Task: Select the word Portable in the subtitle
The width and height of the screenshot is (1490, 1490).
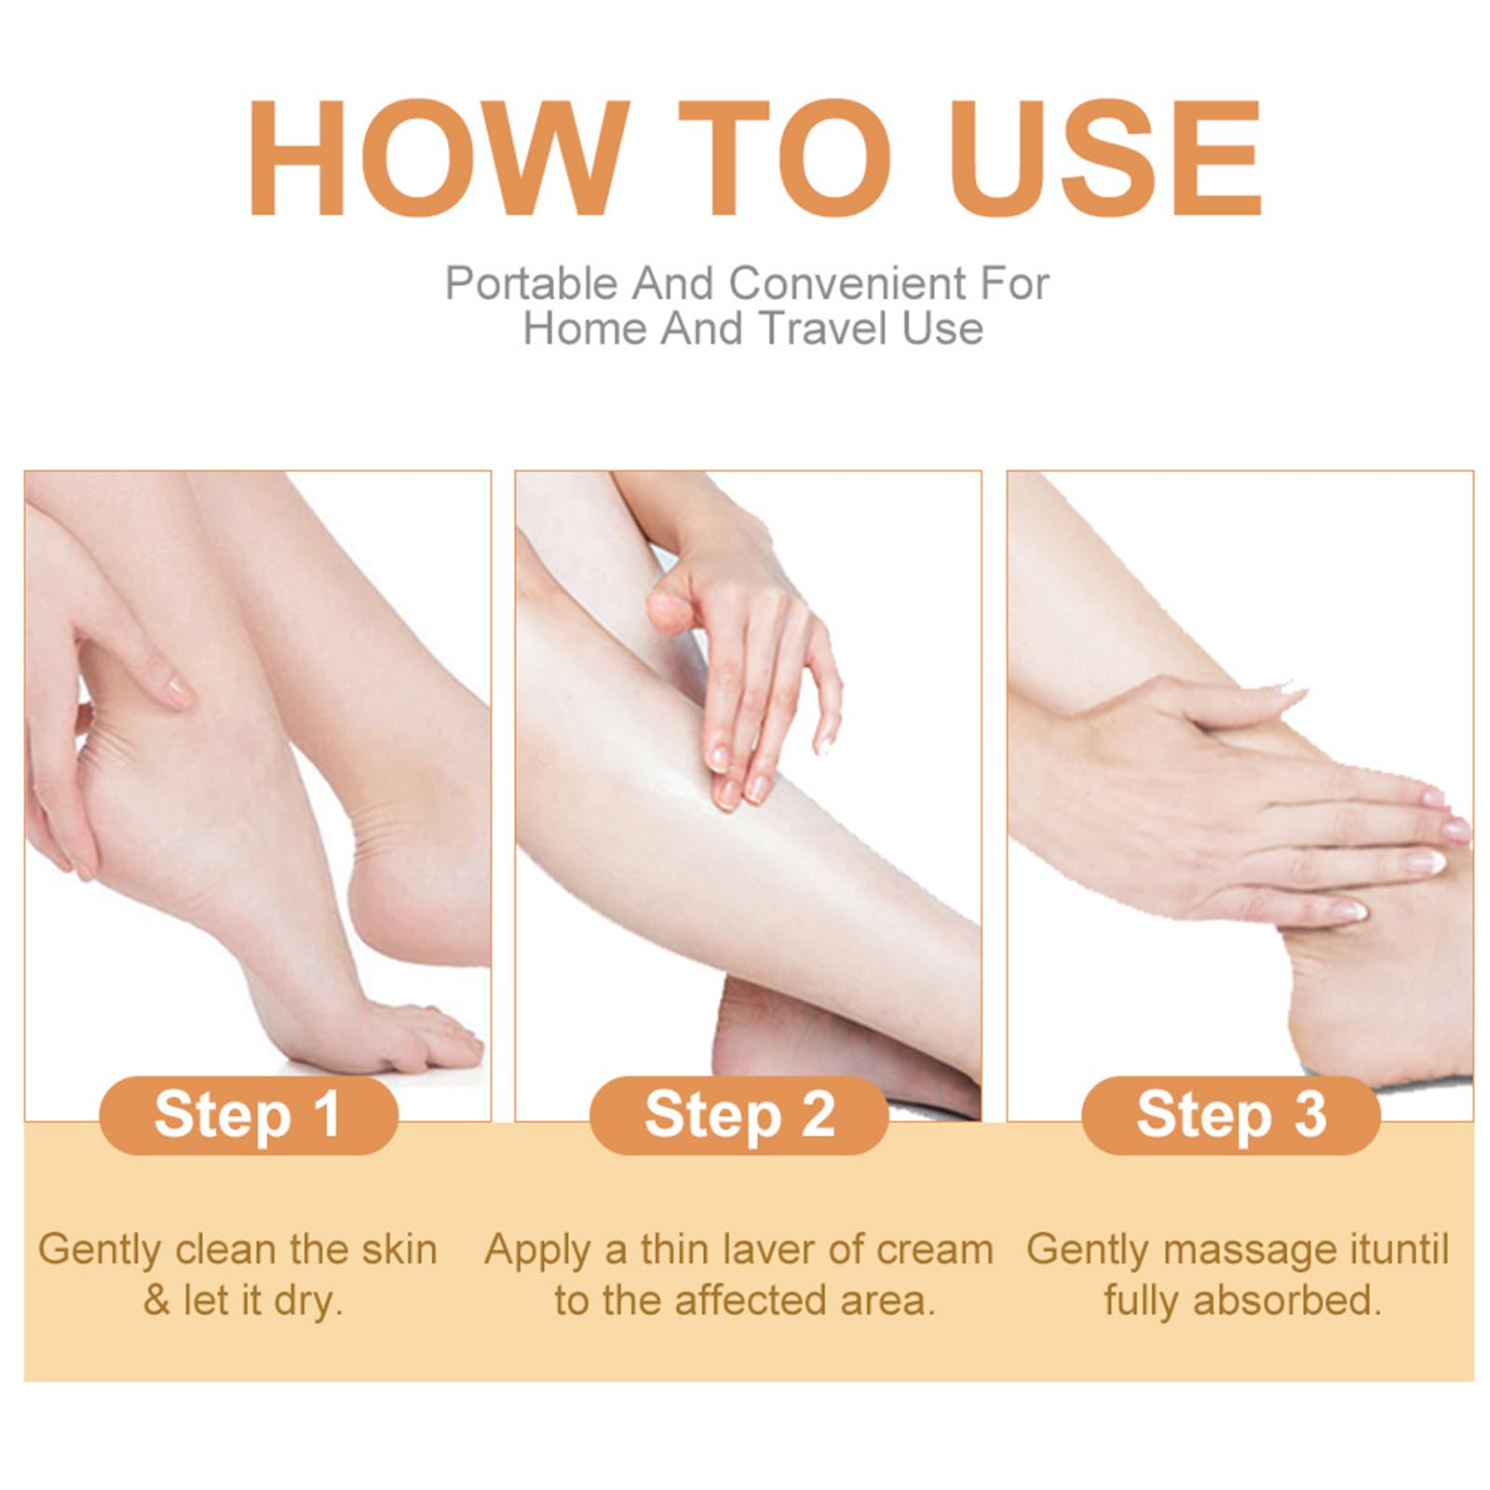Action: coord(532,283)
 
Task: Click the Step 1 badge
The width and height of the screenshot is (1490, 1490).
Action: coord(249,1115)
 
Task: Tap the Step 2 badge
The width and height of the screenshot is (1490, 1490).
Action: coord(739,1115)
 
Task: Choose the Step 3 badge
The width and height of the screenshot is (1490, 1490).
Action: coord(1230,1115)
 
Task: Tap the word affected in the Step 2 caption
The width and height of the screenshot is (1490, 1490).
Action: coord(752,1301)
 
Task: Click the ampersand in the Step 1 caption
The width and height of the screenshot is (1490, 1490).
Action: coord(157,1302)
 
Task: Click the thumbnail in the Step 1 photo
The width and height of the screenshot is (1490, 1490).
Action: coord(174,690)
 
